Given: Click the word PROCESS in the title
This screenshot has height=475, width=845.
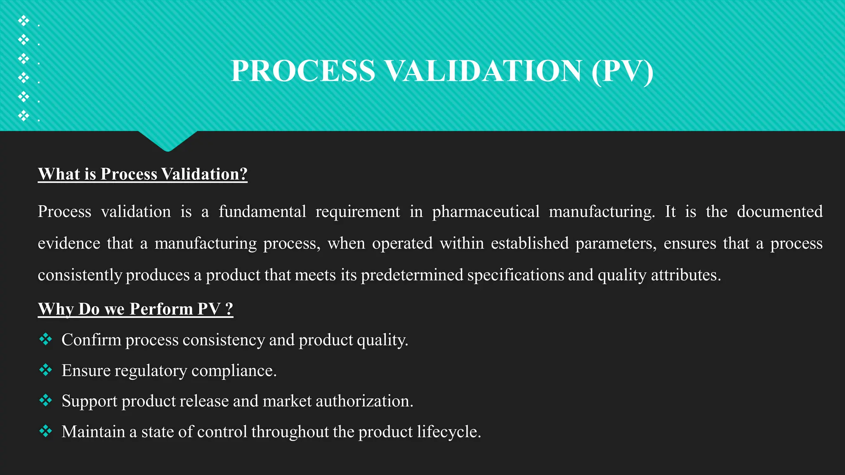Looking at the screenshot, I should click(303, 71).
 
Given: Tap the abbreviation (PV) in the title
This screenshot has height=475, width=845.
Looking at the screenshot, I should click(622, 71).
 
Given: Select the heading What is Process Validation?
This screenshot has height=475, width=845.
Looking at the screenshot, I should click(142, 174).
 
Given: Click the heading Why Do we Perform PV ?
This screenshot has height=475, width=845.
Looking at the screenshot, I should click(135, 309).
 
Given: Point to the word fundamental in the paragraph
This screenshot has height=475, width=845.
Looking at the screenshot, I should click(262, 212).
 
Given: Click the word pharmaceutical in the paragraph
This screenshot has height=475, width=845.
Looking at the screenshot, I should click(486, 212).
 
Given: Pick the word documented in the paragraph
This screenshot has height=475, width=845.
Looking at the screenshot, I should click(779, 212).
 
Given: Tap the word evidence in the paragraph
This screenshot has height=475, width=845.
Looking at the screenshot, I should click(69, 243).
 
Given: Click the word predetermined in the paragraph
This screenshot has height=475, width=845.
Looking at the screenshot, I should click(412, 275).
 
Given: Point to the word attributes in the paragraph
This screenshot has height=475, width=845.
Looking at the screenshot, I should click(685, 275).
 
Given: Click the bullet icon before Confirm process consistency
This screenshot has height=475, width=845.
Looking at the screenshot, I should click(46, 339).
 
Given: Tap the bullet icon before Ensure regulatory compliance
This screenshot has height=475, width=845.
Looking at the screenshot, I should click(46, 370).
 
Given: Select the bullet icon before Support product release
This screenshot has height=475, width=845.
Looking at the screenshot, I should click(46, 400).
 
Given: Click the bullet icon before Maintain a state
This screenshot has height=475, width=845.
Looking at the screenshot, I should click(46, 431).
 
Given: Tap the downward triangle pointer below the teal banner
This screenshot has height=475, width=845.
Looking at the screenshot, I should click(168, 140).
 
